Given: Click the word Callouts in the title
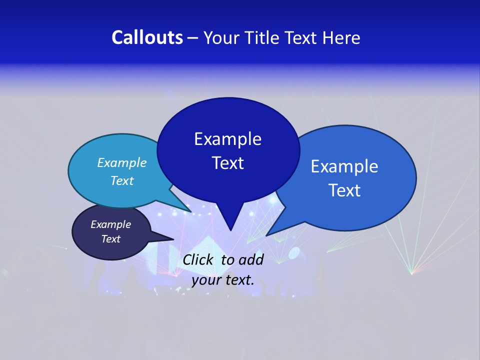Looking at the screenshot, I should (x=147, y=37).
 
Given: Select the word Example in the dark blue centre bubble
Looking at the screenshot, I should (x=227, y=139).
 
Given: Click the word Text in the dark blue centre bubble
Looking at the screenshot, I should (x=227, y=163).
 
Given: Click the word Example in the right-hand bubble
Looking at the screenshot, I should (x=344, y=166).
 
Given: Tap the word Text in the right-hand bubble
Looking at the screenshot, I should (x=344, y=190).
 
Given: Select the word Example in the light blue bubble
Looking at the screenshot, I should (x=121, y=162).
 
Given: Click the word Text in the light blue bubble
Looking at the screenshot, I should (x=121, y=180).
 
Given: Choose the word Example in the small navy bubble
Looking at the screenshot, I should (x=110, y=224).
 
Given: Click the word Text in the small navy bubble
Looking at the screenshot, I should (x=110, y=239).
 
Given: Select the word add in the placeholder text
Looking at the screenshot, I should (x=250, y=259).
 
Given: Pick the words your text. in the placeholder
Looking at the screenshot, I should (x=223, y=280).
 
